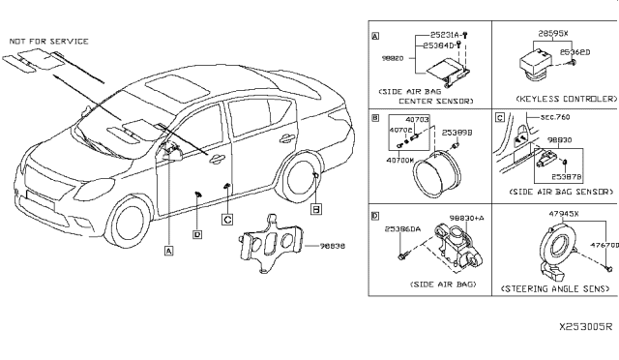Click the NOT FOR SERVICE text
[48, 42]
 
